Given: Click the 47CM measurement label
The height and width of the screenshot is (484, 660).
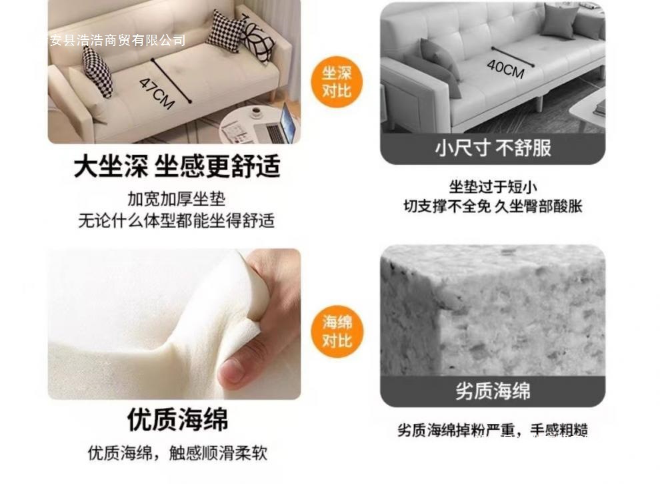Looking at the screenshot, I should (x=157, y=93).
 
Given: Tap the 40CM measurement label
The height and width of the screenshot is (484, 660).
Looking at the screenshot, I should (x=505, y=67).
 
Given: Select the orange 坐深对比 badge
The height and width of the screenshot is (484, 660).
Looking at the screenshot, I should (x=337, y=81).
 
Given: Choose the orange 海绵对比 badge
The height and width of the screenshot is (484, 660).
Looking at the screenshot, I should (x=337, y=331).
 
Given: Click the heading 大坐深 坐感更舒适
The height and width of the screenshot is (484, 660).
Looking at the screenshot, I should (x=177, y=166).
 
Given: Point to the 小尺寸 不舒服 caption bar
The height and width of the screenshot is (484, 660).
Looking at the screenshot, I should (x=493, y=148).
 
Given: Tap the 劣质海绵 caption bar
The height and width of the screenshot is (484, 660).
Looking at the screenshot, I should (x=493, y=391).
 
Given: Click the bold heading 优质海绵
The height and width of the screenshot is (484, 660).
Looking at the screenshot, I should (x=177, y=420).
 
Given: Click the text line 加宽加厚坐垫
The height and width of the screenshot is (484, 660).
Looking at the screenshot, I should (x=177, y=199).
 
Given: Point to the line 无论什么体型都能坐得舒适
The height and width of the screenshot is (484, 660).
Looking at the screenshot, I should (x=177, y=220).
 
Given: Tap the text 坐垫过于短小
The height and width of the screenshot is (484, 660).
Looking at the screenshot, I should (x=493, y=187).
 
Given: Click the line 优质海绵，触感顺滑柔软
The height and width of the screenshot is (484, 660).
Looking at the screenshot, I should (x=177, y=453).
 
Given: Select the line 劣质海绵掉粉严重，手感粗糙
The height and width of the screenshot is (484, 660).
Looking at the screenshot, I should (x=493, y=431).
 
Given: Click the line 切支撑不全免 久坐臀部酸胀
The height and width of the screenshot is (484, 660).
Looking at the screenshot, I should (x=493, y=206).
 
